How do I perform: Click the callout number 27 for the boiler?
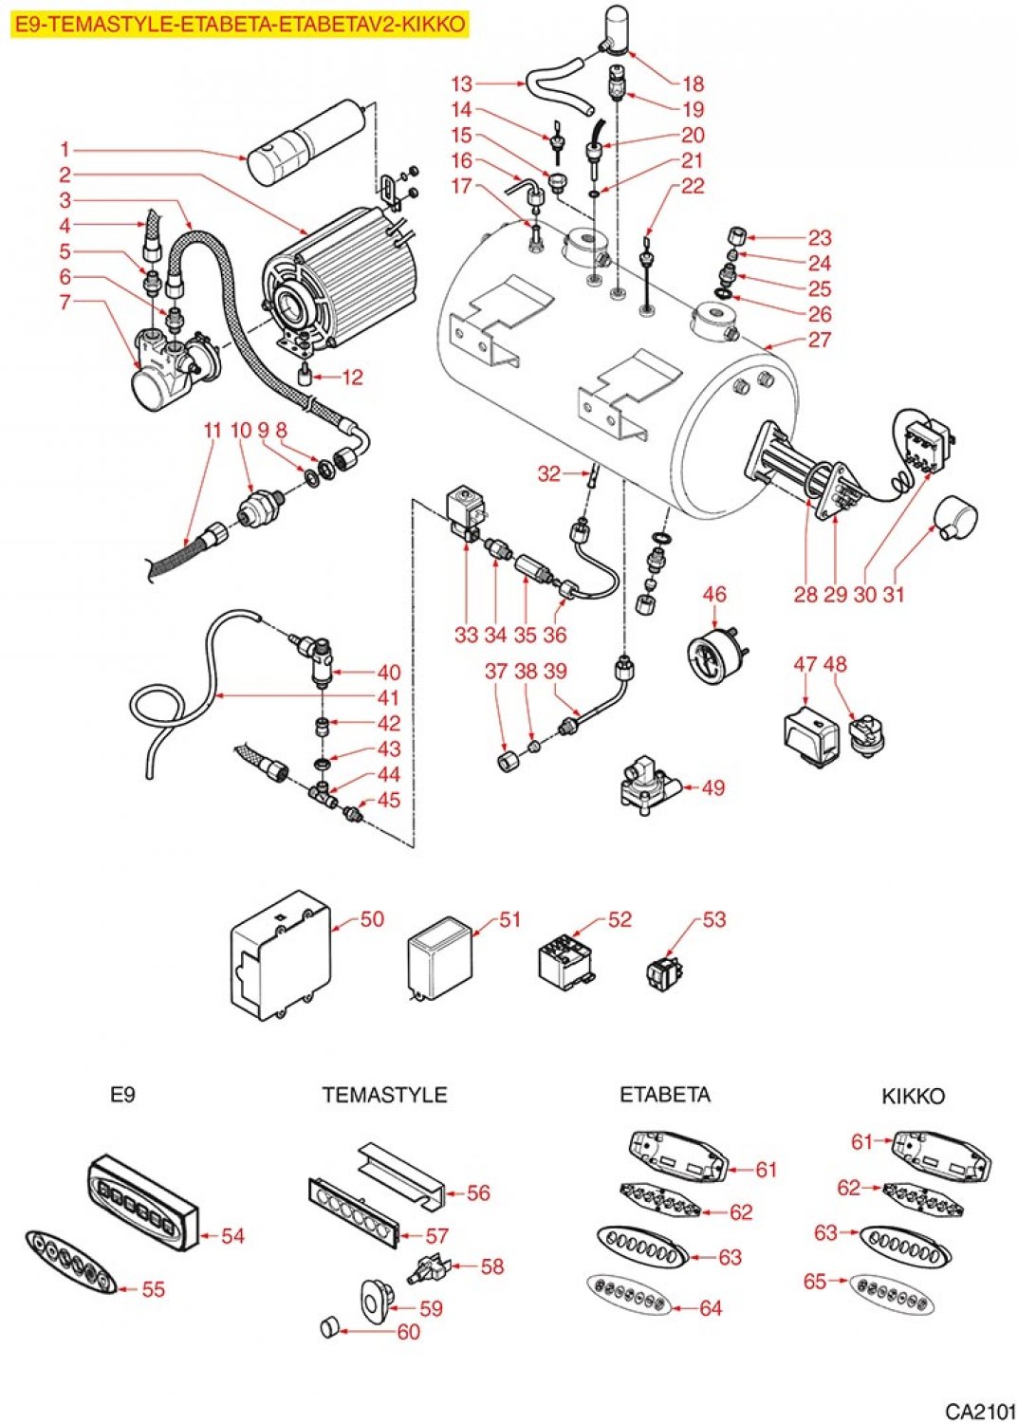(819, 340)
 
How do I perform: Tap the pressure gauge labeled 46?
(713, 653)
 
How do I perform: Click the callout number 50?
(372, 918)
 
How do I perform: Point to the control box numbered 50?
(281, 956)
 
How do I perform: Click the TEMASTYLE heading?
(384, 1095)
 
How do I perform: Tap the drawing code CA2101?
(979, 1410)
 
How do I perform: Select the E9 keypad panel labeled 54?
(142, 1195)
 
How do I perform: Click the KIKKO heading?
(913, 1096)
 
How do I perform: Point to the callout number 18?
(694, 83)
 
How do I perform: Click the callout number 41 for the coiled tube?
(389, 697)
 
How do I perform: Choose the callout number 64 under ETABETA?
(711, 1308)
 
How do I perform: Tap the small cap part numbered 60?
(328, 1326)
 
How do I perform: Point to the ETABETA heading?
(664, 1095)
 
